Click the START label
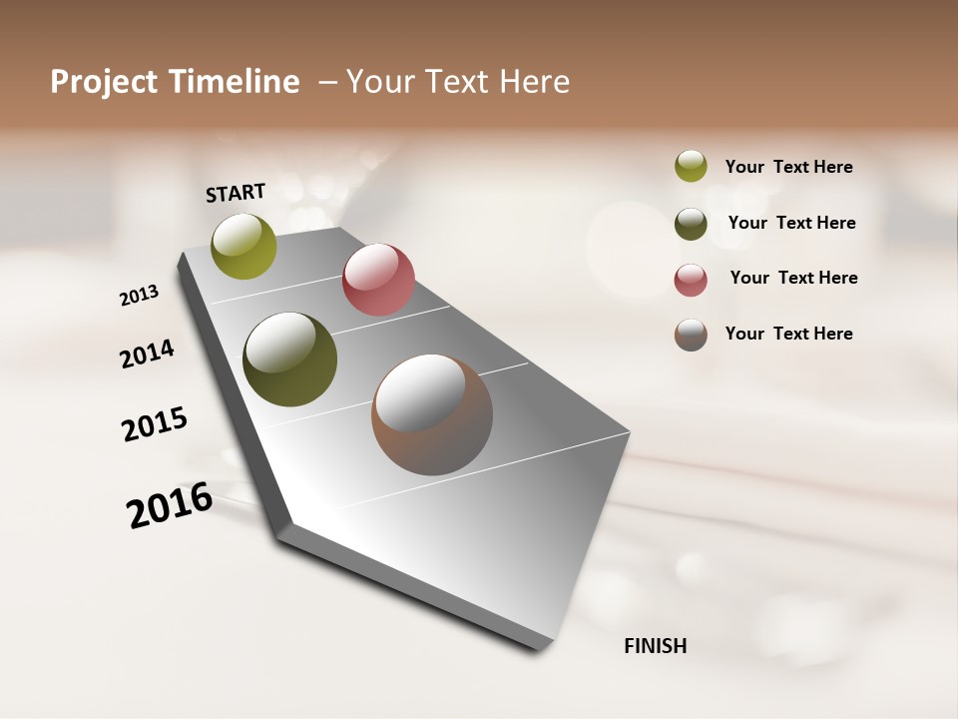(x=236, y=193)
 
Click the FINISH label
(x=655, y=646)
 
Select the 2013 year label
(x=139, y=296)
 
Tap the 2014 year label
(x=147, y=355)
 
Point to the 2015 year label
(x=155, y=424)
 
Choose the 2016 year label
(x=170, y=505)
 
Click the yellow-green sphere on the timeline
(x=243, y=246)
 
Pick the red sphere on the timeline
(x=378, y=280)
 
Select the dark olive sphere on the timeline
(x=289, y=359)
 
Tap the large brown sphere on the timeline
(x=432, y=414)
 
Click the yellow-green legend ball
(x=691, y=166)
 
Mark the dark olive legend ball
(x=691, y=224)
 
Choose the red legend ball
(x=691, y=280)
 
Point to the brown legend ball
(x=691, y=335)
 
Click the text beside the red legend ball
(x=793, y=278)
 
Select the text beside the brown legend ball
(x=788, y=334)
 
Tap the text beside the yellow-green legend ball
(x=788, y=167)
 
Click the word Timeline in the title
(x=234, y=82)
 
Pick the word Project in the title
(x=105, y=82)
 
